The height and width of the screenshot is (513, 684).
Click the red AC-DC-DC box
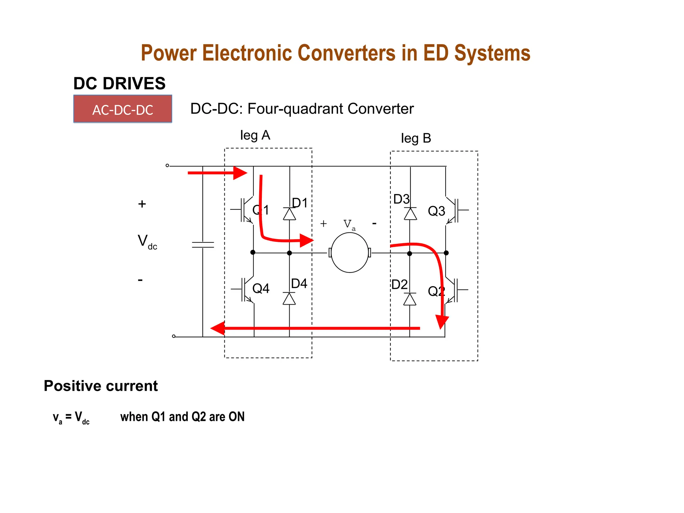(123, 109)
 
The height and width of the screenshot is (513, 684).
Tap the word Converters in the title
(346, 53)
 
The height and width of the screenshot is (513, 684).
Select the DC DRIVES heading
(119, 83)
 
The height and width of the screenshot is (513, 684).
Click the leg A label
(255, 136)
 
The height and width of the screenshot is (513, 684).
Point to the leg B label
(416, 138)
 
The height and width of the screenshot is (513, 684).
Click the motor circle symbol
(350, 252)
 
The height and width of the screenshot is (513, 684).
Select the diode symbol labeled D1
(289, 214)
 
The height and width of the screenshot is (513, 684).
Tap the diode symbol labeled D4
(289, 299)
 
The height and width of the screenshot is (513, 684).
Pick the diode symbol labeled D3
(410, 214)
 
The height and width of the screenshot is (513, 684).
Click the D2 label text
(399, 285)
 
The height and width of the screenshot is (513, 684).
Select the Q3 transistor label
(436, 211)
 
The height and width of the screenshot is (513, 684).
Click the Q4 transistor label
(261, 289)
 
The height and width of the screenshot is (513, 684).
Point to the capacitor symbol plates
(203, 245)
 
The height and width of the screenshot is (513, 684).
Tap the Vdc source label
(147, 241)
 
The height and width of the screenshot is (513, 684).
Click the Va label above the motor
(349, 224)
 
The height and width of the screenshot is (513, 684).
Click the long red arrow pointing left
(314, 328)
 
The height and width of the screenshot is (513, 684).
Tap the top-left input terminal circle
(167, 166)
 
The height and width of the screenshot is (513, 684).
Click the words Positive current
(101, 386)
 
